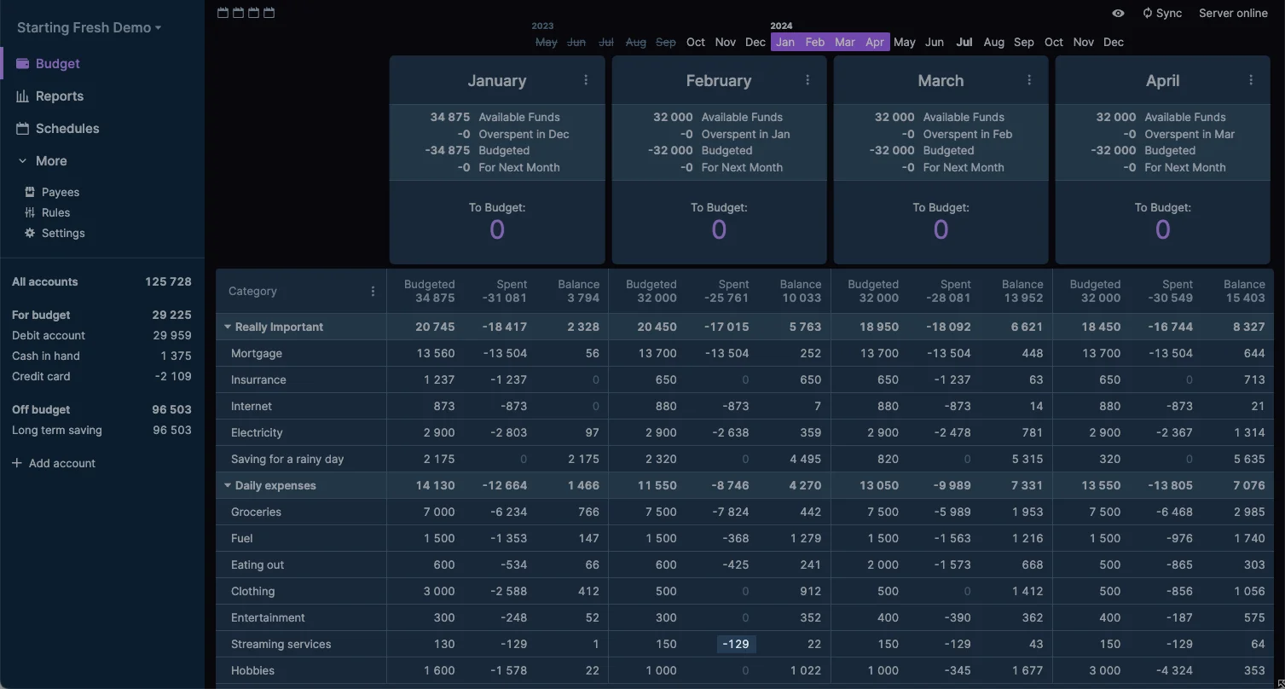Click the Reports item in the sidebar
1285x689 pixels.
(x=59, y=96)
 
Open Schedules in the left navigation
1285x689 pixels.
(x=67, y=129)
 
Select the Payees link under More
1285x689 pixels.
(x=60, y=192)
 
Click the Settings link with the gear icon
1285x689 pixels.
(x=62, y=233)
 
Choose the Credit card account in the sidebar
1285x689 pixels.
(x=41, y=376)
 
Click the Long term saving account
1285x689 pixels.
(x=56, y=430)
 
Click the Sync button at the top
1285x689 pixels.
(x=1162, y=13)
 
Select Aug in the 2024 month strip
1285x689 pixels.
(x=993, y=42)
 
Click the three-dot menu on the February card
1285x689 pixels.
(x=807, y=80)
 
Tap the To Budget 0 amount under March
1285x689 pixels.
(x=941, y=229)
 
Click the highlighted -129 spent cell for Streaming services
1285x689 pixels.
(x=736, y=644)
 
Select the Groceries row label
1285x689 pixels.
(x=256, y=512)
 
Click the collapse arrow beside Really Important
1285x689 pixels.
(x=228, y=327)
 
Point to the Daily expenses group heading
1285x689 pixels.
(x=275, y=485)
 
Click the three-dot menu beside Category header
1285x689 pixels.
(x=373, y=291)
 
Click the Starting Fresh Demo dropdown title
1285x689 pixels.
(x=89, y=27)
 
